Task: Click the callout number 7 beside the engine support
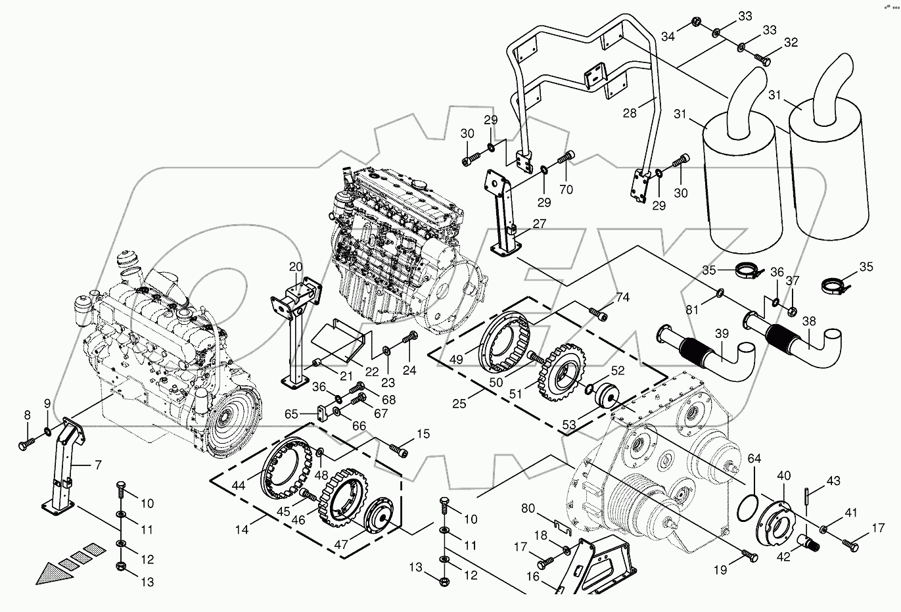point(97,466)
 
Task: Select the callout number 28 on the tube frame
point(630,114)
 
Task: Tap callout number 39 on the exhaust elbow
point(722,335)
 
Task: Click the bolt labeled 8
point(24,445)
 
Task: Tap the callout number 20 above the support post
point(295,266)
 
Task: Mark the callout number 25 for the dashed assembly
point(459,403)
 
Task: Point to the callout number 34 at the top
point(668,36)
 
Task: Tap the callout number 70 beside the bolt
point(565,190)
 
